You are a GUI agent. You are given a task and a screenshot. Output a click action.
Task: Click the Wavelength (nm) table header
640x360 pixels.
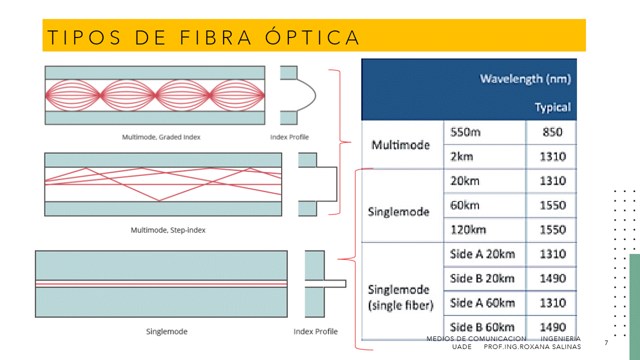click(x=525, y=78)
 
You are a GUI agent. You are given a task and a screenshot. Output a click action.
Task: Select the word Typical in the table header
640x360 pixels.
click(x=552, y=107)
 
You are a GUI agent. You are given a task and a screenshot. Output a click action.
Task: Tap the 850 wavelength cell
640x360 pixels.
click(x=552, y=132)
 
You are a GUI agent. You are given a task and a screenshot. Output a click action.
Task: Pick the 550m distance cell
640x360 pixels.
click(x=465, y=132)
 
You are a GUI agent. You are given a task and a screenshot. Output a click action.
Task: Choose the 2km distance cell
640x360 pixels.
click(x=461, y=156)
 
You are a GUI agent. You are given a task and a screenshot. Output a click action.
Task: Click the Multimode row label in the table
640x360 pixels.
click(x=400, y=145)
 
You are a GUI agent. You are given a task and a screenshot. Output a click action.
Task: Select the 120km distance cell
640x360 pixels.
click(x=468, y=230)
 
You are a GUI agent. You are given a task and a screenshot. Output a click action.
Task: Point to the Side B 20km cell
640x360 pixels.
click(x=482, y=278)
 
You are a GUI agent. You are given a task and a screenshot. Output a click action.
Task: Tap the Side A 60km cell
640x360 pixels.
click(x=482, y=303)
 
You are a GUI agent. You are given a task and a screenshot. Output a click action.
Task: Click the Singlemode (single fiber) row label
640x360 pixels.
click(x=400, y=297)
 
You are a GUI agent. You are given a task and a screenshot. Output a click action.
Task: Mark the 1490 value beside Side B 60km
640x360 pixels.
click(x=552, y=327)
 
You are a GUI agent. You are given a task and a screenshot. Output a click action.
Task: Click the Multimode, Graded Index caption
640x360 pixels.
click(x=161, y=137)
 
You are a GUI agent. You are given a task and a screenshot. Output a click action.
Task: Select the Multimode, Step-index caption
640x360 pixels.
click(x=168, y=230)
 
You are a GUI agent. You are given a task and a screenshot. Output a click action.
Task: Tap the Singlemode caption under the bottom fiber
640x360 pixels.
click(x=167, y=331)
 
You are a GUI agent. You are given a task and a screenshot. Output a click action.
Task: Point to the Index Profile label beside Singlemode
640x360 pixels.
click(x=315, y=331)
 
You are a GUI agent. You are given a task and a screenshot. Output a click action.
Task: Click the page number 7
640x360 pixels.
click(x=606, y=343)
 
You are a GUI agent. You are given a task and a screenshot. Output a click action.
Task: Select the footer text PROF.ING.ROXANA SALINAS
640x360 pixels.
click(x=532, y=347)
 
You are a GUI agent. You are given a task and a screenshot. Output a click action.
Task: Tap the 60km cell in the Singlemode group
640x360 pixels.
click(x=465, y=205)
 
